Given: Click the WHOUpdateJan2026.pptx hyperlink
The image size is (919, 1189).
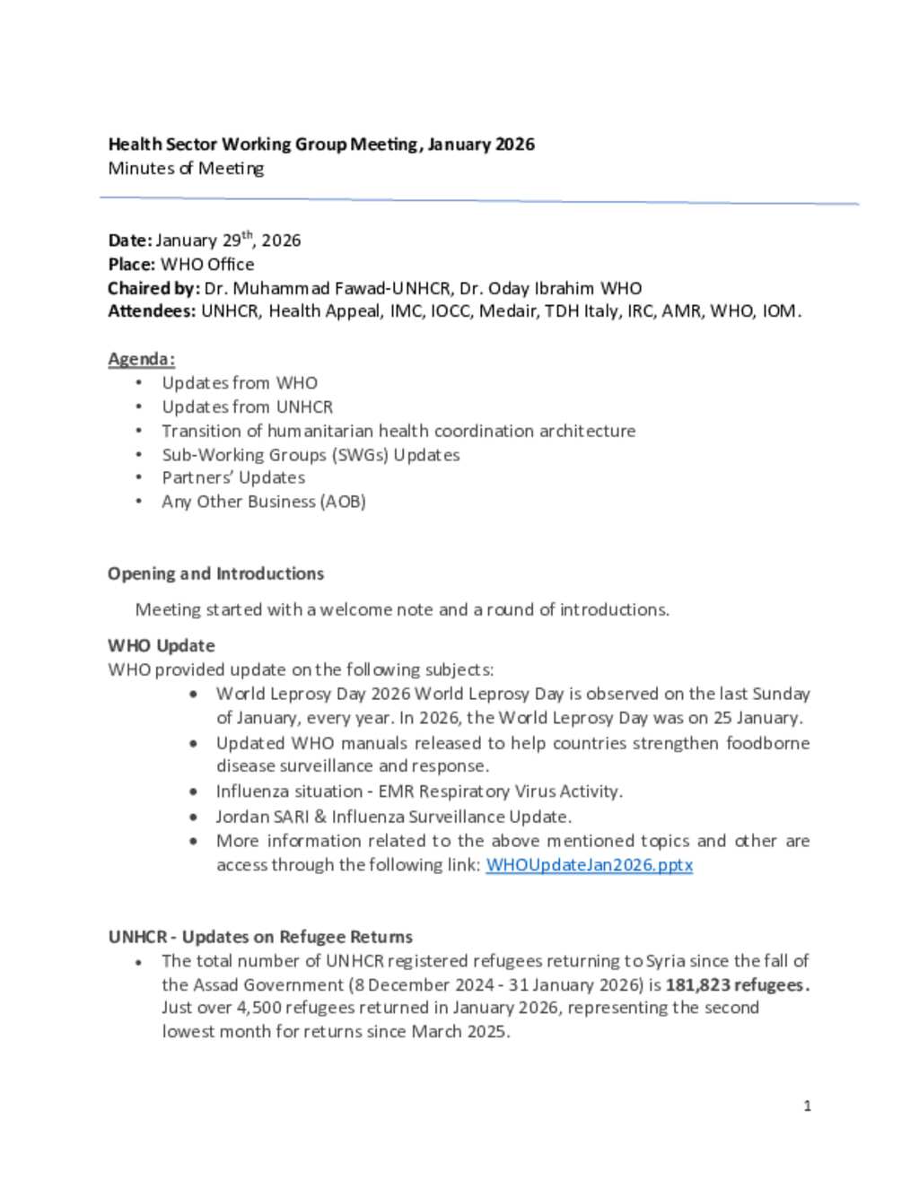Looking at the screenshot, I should [x=589, y=865].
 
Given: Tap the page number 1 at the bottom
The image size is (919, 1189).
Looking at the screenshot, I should [x=808, y=1106].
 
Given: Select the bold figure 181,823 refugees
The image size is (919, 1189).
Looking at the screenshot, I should [x=737, y=984].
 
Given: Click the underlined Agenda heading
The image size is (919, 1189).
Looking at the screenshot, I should [x=141, y=359].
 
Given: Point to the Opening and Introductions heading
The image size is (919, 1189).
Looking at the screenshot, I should [x=215, y=573].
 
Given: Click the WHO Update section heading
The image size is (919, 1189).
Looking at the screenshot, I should [x=162, y=645].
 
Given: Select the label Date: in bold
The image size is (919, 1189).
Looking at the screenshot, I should [x=130, y=240].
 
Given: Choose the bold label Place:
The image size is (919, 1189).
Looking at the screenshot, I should [x=131, y=265].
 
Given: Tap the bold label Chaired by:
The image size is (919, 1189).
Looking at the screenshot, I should [x=153, y=288].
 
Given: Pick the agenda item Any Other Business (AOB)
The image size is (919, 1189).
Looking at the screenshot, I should [x=264, y=502].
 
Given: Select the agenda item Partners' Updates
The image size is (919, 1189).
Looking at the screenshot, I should [x=233, y=477].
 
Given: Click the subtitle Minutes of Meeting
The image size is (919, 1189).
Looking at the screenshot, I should [x=186, y=169].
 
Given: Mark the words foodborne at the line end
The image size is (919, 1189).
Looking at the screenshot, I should [x=767, y=743].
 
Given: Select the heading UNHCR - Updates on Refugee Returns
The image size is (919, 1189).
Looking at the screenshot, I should [x=260, y=937].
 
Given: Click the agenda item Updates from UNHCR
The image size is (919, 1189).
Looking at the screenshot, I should [x=247, y=407].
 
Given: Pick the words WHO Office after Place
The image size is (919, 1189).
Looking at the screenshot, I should [x=207, y=265].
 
